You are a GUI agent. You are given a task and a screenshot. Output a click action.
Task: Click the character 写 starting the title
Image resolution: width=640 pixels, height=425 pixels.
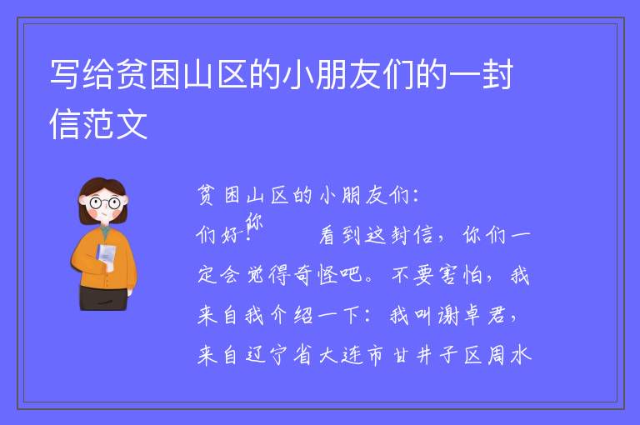64,75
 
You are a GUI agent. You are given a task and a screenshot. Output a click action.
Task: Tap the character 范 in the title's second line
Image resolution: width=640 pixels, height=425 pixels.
98,124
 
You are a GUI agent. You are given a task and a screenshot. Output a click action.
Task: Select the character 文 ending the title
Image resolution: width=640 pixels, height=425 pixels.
132,124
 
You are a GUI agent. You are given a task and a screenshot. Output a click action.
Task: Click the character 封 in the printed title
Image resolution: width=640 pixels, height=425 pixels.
497,75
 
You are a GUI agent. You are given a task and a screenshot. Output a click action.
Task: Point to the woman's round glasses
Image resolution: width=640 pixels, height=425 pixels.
105,202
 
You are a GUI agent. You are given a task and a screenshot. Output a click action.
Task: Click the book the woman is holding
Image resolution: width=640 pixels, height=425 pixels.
106,256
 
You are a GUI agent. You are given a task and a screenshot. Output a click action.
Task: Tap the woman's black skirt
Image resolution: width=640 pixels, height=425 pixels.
104,298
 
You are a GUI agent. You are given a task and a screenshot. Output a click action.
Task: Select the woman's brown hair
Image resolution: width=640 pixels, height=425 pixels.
102,196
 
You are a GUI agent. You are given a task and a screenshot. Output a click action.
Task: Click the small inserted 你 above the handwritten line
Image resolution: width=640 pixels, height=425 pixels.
254,222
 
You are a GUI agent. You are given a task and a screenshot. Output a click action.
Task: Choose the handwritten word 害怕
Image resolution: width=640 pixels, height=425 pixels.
462,275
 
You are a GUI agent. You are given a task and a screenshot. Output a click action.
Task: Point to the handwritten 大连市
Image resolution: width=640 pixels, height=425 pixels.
352,355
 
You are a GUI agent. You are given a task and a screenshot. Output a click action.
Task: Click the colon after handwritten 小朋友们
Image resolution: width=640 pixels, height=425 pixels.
416,196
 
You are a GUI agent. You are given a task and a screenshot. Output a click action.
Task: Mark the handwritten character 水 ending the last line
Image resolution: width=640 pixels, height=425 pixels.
521,355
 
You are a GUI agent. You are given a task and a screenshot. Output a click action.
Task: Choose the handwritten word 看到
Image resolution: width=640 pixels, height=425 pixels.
340,235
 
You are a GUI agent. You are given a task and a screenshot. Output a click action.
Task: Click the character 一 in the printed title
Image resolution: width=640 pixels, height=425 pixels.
464,75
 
